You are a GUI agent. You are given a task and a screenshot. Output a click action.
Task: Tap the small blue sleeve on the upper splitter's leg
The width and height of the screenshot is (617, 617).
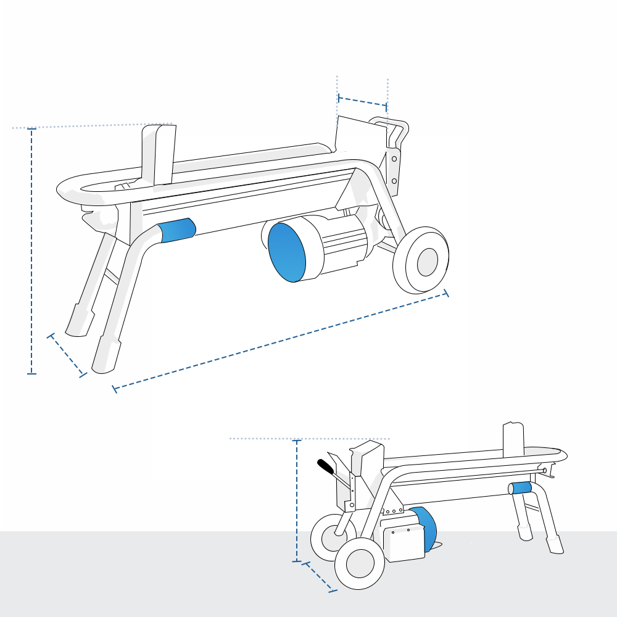tap(178, 230)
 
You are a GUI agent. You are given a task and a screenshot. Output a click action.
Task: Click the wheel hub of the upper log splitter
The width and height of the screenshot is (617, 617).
tap(427, 262)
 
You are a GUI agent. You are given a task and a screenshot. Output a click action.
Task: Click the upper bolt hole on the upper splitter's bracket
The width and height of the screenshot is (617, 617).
tap(394, 159)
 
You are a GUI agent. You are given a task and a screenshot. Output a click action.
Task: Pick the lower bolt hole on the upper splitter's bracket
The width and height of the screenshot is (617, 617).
tap(394, 181)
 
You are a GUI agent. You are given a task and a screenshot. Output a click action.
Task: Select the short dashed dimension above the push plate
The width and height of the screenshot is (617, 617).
tap(363, 102)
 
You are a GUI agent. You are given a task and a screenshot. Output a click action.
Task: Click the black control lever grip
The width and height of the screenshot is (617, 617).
tap(326, 466)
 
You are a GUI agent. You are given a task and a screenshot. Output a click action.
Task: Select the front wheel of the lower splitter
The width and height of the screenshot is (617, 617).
tap(359, 563)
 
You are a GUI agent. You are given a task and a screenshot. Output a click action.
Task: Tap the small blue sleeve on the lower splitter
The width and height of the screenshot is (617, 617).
tap(522, 489)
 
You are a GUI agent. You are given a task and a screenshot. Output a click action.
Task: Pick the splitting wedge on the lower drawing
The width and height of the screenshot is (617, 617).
tap(513, 440)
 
